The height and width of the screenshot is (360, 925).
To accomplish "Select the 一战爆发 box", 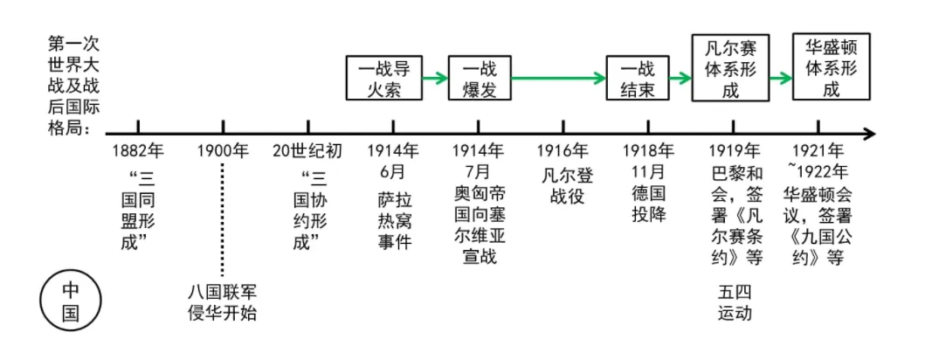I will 479,79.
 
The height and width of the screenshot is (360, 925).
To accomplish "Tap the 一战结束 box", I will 638,79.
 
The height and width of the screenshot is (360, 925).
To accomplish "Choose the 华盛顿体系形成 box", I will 832,66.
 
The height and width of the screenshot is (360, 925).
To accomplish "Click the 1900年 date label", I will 223,150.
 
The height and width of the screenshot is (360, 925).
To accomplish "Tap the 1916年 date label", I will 563,150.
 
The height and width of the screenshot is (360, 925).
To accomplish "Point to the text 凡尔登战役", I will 567,185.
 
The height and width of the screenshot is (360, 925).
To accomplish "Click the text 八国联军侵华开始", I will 223,301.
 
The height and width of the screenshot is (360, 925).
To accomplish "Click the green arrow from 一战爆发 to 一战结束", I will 558,79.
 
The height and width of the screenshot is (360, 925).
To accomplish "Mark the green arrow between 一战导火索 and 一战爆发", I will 434,79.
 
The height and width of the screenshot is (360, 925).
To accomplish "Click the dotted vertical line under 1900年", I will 223,218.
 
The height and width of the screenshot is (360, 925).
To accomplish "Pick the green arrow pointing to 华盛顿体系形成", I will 779,79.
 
